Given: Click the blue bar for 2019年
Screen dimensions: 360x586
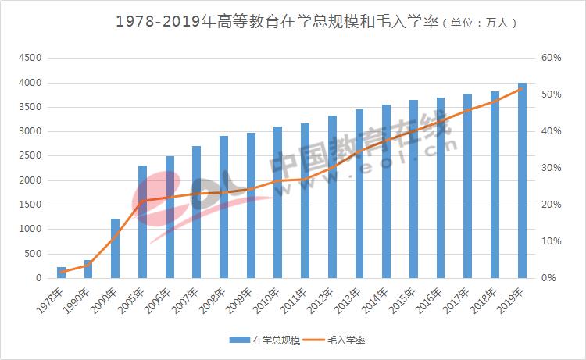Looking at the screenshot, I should (x=522, y=180).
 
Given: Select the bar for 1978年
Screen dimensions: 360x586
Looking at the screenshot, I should (x=61, y=273).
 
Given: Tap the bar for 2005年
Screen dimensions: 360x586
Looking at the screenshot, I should (x=142, y=222).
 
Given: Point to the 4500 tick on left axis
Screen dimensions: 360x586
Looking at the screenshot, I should (x=31, y=59).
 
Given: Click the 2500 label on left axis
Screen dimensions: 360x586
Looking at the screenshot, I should (x=31, y=156).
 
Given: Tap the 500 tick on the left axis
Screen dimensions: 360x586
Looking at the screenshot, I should (x=34, y=254).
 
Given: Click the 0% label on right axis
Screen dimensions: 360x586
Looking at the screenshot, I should (x=550, y=278).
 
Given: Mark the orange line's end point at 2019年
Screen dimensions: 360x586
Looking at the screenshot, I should (x=522, y=89).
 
